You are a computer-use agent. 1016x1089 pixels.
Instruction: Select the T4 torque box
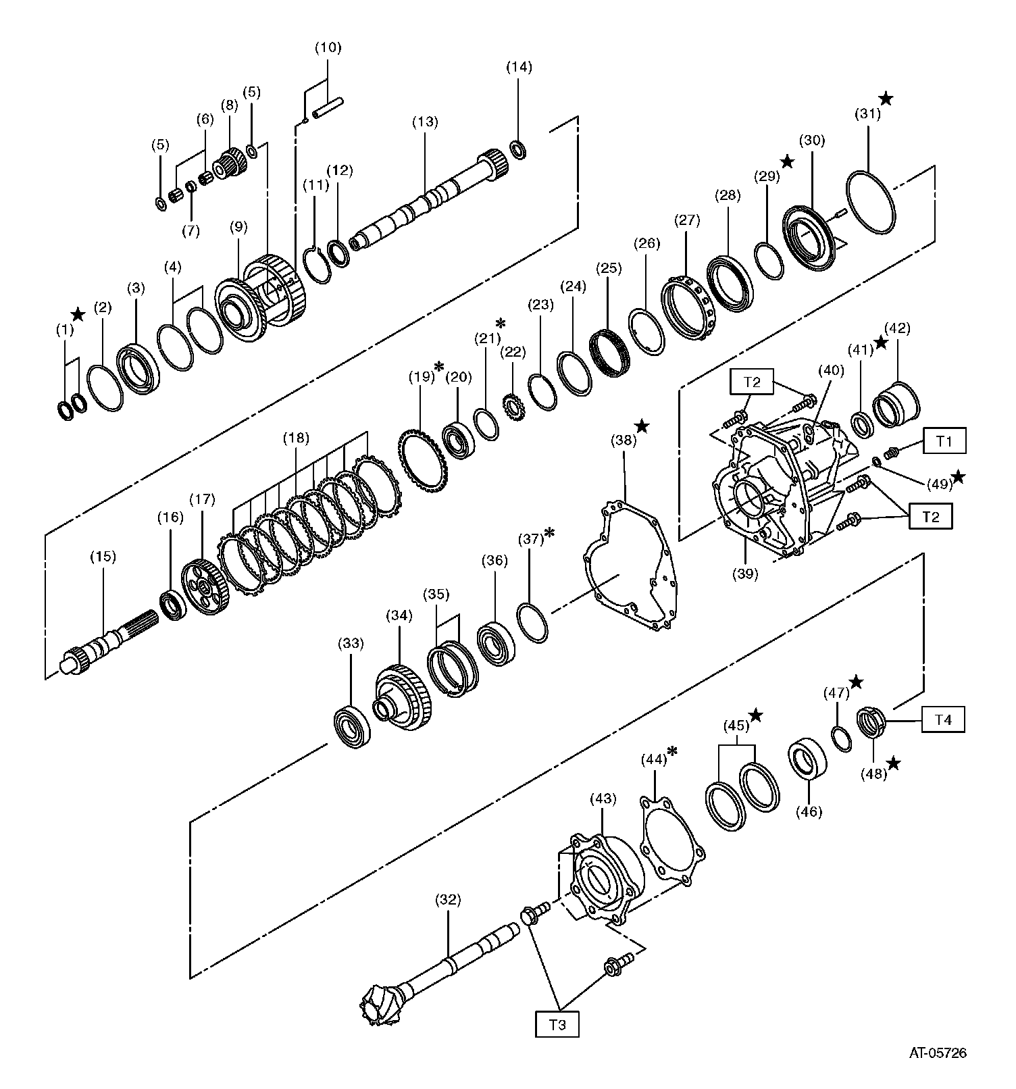point(943,720)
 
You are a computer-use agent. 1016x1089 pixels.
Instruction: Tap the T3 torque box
point(557,1024)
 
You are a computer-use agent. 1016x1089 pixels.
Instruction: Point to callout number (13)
point(425,122)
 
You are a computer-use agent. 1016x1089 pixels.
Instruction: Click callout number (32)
point(448,900)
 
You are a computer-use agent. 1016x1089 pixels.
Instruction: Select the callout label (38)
point(624,440)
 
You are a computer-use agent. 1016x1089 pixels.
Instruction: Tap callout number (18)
point(296,438)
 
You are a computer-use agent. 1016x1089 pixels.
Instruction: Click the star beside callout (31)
point(886,99)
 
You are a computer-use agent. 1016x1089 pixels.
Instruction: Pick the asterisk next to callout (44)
point(672,751)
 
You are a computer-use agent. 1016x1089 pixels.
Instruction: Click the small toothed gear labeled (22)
point(514,407)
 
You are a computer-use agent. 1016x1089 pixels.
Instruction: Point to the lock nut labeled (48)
point(871,721)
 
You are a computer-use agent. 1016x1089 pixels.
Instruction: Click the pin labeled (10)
point(328,107)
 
